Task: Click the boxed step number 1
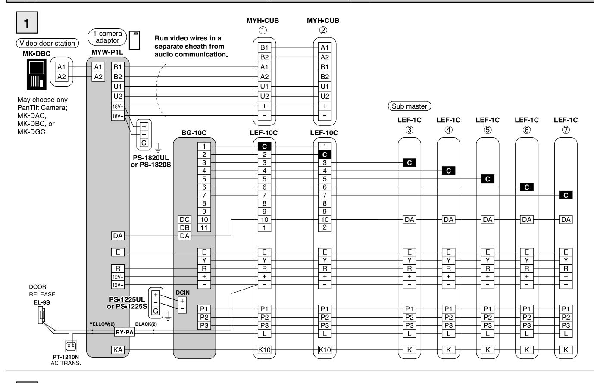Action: coord(27,22)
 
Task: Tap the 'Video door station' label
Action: coord(47,43)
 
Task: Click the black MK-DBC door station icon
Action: coord(36,74)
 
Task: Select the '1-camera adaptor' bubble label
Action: coord(107,37)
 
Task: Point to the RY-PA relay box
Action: coord(125,332)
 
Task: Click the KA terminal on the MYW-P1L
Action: coord(118,350)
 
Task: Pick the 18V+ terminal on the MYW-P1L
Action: coord(118,106)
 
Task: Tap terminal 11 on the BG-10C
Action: coord(204,227)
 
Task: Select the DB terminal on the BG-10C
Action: coord(184,227)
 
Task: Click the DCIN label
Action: coord(182,293)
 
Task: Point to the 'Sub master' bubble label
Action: coord(410,106)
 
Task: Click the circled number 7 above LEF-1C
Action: coord(566,130)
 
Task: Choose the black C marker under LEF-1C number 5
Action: coord(488,179)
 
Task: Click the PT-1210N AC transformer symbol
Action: coord(71,346)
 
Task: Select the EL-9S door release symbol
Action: coord(41,315)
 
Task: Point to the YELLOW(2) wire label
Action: coord(102,324)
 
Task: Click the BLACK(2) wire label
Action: coord(146,324)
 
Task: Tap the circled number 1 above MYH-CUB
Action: coord(263,30)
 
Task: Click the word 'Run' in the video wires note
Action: coord(161,38)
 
